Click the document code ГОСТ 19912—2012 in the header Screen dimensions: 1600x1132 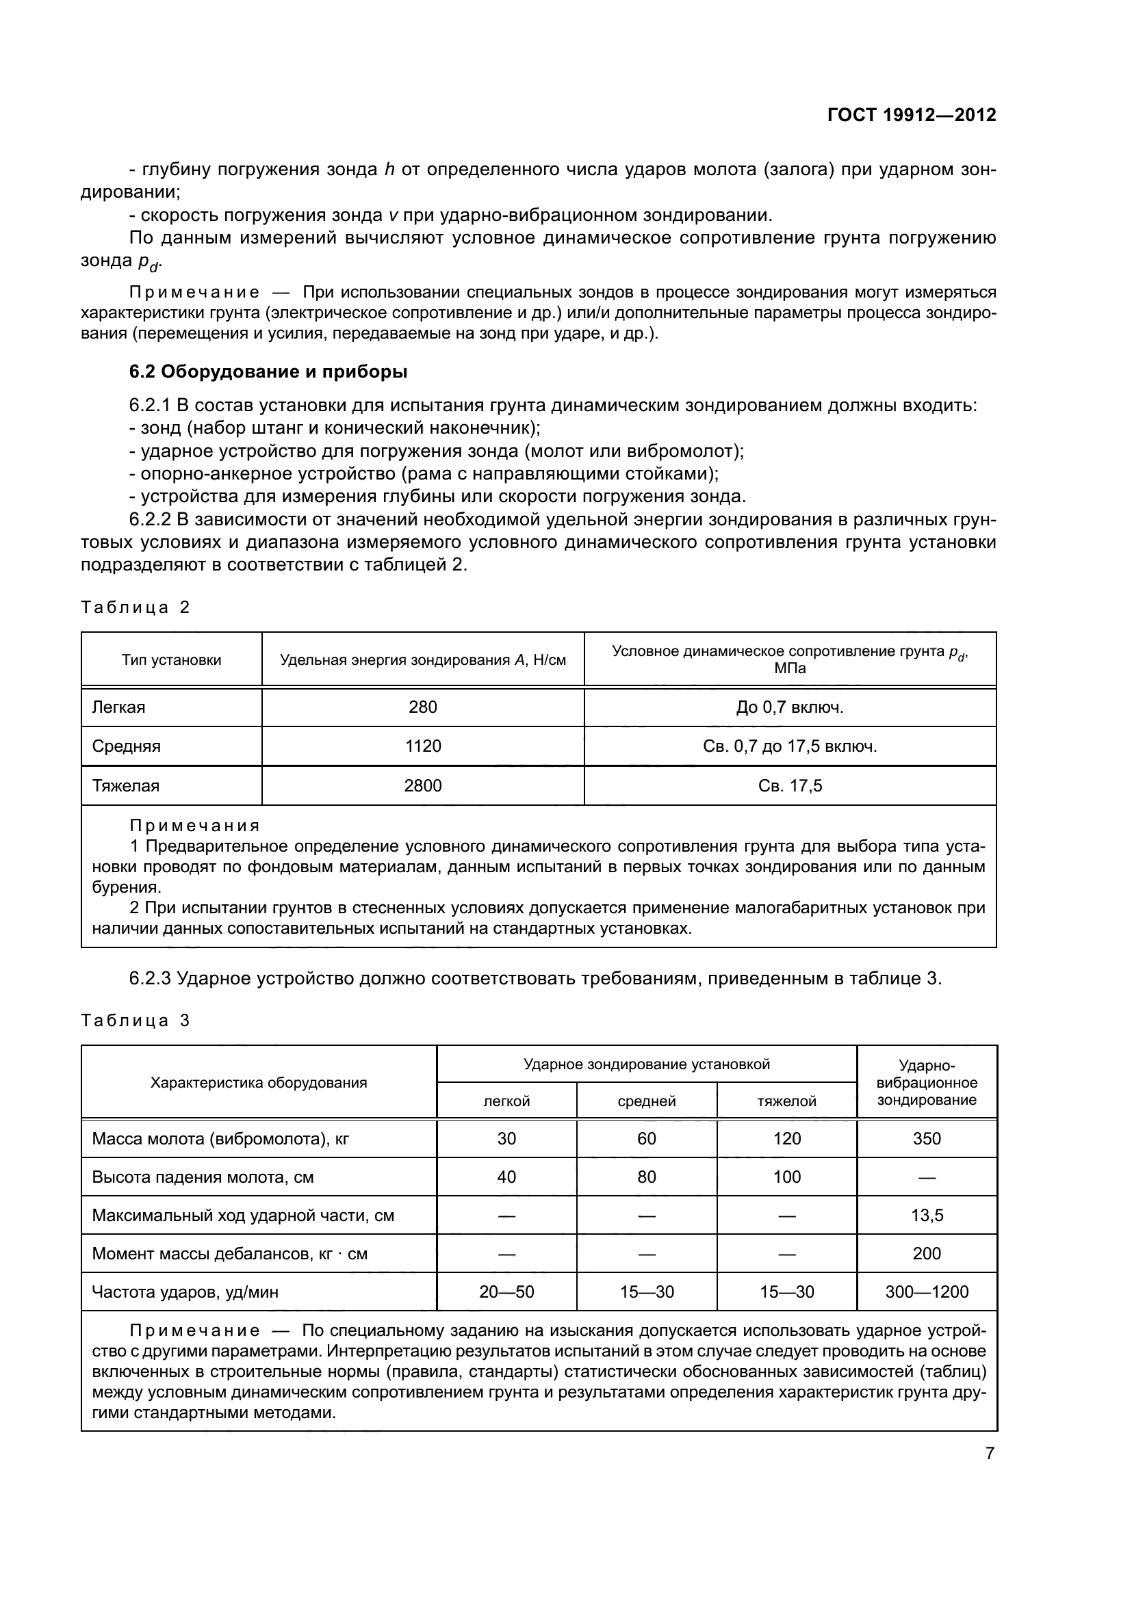[x=911, y=116]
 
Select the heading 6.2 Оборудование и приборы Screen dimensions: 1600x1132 [x=268, y=372]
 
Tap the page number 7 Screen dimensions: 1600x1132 [x=990, y=1454]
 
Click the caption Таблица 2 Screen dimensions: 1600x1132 [x=136, y=607]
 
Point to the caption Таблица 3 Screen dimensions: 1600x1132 [x=136, y=1021]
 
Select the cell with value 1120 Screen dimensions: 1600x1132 [x=423, y=746]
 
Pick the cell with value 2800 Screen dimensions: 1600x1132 [x=423, y=786]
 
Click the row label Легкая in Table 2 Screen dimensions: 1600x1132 [x=118, y=707]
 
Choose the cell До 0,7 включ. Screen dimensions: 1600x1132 [x=790, y=707]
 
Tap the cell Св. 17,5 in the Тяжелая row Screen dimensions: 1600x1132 [x=790, y=786]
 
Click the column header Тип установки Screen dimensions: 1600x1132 [x=172, y=660]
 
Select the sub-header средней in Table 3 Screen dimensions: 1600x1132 [x=646, y=1101]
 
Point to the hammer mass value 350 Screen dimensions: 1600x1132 [x=927, y=1139]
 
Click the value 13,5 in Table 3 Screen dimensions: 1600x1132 [x=927, y=1216]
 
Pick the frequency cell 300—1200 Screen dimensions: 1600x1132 [x=927, y=1292]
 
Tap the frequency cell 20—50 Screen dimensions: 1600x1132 [x=506, y=1292]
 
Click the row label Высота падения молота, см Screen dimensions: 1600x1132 [x=203, y=1177]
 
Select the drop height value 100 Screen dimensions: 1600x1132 [x=786, y=1177]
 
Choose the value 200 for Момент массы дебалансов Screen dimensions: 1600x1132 [x=927, y=1254]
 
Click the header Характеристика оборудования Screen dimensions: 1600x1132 [x=259, y=1083]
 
